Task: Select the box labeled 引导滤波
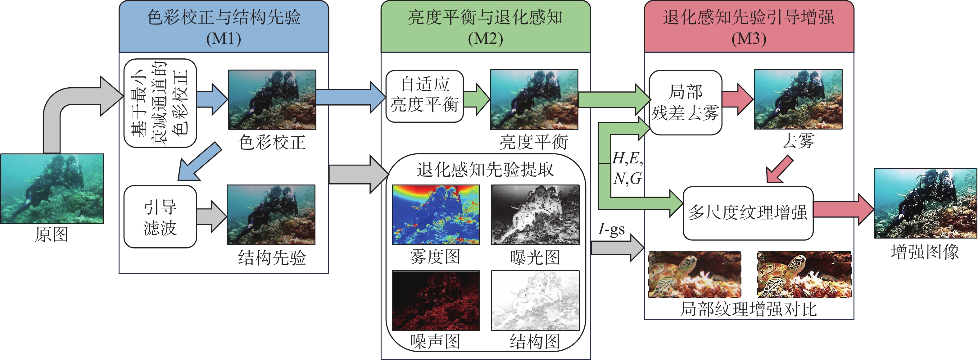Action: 160,217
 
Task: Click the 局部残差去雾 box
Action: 685,103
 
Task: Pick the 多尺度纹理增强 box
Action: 748,213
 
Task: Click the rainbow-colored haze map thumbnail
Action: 436,215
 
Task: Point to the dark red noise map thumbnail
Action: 436,300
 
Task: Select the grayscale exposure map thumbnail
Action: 535,215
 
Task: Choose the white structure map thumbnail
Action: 535,300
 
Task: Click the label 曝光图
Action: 535,257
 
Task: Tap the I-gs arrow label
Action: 611,229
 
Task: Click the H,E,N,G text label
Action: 627,168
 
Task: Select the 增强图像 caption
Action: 925,252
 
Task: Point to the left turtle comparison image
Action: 695,274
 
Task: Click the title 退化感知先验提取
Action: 485,170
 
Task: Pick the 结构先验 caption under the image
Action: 272,258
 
